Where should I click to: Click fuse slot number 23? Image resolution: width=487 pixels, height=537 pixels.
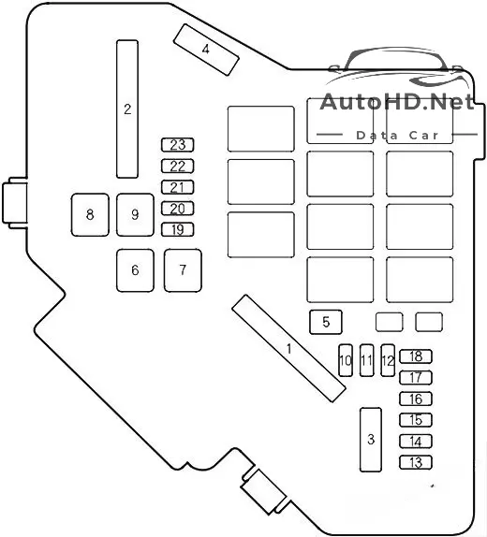click(x=177, y=145)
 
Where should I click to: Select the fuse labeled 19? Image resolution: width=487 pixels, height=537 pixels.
click(x=177, y=229)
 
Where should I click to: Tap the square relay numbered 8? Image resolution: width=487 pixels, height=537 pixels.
click(x=90, y=215)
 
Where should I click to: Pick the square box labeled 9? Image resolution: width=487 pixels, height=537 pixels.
click(x=135, y=215)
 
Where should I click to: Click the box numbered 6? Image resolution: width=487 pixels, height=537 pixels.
click(x=135, y=270)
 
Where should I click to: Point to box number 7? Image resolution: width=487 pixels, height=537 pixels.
click(x=183, y=270)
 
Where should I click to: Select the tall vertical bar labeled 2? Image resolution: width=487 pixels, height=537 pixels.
click(x=127, y=109)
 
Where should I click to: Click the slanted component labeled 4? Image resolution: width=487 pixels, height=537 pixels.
click(x=206, y=50)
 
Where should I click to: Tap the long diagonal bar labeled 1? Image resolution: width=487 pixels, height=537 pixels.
click(x=288, y=348)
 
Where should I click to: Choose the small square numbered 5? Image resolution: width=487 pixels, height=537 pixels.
click(x=326, y=322)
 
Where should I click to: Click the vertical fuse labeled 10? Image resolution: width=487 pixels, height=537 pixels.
click(x=346, y=360)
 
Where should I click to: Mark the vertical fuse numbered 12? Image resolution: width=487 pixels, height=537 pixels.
click(x=388, y=360)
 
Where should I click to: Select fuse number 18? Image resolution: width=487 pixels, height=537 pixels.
click(x=416, y=356)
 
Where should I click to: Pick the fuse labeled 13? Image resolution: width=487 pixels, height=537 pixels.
click(x=416, y=462)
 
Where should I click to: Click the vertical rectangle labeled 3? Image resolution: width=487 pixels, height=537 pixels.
click(x=371, y=440)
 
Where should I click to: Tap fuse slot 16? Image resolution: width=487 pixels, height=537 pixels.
click(x=416, y=399)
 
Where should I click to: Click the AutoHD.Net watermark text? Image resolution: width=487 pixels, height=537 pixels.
click(x=397, y=102)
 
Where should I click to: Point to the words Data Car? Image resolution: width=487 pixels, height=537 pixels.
click(x=397, y=136)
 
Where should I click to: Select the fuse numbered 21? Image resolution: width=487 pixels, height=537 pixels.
click(x=177, y=187)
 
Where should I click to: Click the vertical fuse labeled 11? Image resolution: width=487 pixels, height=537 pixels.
click(x=366, y=360)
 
